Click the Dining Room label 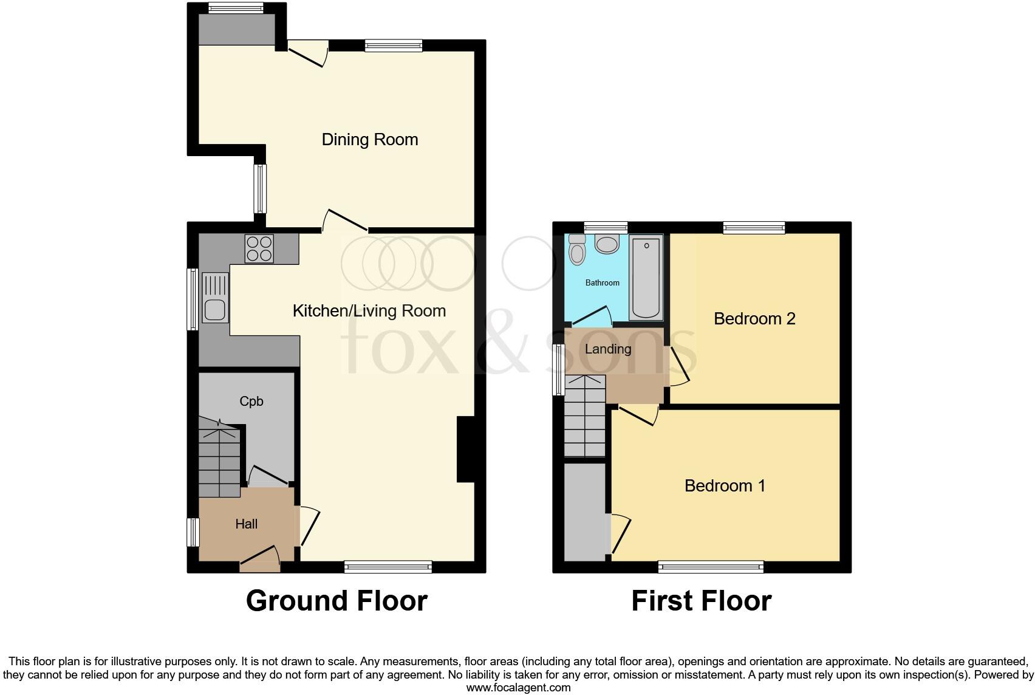point(369,140)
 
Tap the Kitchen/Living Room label point(369,311)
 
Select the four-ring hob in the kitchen point(259,248)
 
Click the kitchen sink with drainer point(215,297)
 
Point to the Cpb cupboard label point(251,402)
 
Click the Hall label point(246,524)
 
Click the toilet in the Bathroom point(576,249)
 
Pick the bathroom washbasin point(606,245)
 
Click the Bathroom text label point(602,283)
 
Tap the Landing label point(607,349)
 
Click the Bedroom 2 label point(754,319)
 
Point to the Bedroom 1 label point(725,486)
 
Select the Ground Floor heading point(336,601)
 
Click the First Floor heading point(701,601)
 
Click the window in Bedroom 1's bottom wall point(711,567)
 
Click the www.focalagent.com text point(518,688)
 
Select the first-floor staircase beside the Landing point(585,416)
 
